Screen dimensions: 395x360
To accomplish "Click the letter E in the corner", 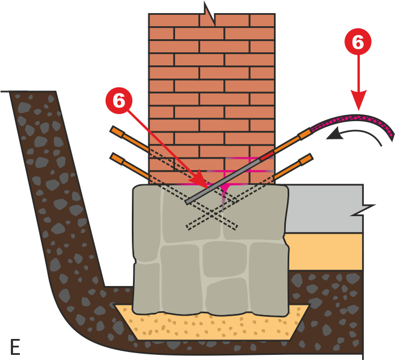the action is coord(15,347).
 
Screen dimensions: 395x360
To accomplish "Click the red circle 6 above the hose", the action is coord(358,42).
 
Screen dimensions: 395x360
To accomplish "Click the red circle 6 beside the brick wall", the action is coord(119,101).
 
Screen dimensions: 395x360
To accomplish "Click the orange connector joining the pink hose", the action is coord(304,134).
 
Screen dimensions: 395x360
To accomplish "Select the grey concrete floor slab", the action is coord(325,208).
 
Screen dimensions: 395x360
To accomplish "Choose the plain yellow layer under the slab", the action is coord(325,251).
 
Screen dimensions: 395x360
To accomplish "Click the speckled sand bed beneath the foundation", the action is coord(211,325).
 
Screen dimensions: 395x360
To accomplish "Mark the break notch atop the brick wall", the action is coord(209,14).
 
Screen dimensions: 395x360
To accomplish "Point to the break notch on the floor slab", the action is coord(363,210).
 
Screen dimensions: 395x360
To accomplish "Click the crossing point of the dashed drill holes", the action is coord(211,214).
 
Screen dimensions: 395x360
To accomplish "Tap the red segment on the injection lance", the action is coord(267,156).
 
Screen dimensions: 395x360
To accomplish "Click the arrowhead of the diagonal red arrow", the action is coord(199,180).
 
